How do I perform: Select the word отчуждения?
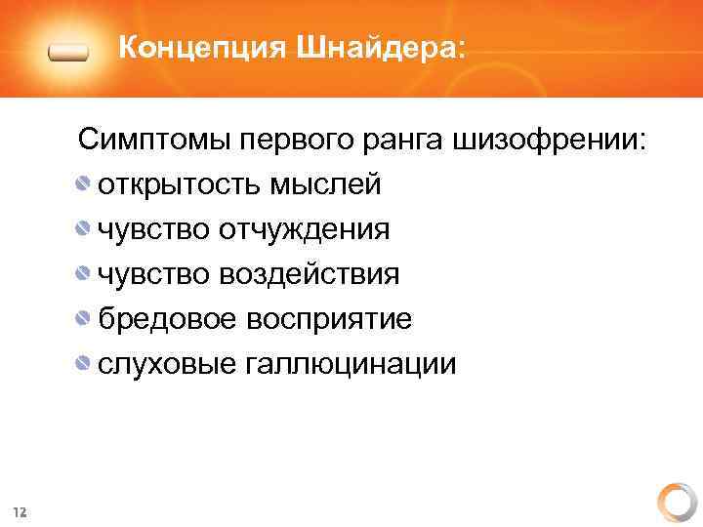[x=305, y=230]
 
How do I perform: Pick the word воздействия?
[x=310, y=275]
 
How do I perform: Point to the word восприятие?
[x=329, y=320]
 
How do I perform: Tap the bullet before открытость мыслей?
[x=85, y=184]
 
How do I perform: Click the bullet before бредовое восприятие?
[x=85, y=319]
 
